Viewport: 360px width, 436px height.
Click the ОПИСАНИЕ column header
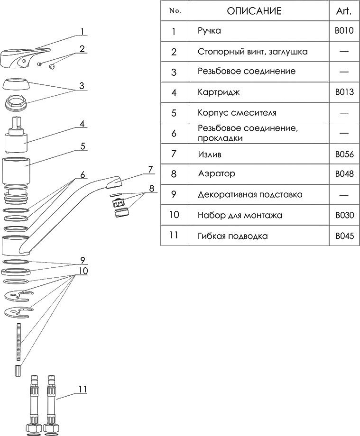coord(254,11)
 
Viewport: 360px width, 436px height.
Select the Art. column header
coord(344,11)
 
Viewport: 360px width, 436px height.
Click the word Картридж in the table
coord(219,92)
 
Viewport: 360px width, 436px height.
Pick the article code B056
coord(344,154)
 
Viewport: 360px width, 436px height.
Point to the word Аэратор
coord(216,174)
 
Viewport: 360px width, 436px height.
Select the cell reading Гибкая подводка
coord(232,236)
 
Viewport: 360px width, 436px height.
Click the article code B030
coord(344,215)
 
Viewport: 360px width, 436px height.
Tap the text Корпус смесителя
coord(237,113)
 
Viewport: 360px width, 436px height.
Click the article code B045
coord(344,236)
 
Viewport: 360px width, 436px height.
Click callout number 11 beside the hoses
coord(83,390)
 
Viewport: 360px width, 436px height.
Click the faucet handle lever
coord(19,57)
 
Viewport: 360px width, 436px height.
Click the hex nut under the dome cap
coord(17,103)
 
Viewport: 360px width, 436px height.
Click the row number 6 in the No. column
coord(174,133)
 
